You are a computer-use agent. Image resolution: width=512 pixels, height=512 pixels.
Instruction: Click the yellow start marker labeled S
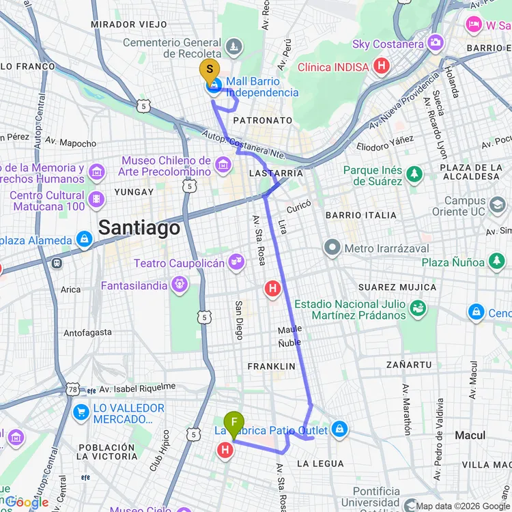pos(210,70)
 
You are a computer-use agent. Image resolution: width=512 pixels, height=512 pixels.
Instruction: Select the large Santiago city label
pos(139,227)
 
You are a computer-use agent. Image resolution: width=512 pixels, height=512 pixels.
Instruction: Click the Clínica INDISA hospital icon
pos(382,67)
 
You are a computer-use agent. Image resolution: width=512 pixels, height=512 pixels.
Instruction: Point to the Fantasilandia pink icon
pos(180,285)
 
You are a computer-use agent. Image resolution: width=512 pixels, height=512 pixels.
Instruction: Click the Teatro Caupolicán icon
pos(236,263)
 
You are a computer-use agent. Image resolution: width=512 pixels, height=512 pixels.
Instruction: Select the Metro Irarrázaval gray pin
pos(332,248)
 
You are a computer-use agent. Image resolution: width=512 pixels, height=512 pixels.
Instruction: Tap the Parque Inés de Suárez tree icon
pos(414,175)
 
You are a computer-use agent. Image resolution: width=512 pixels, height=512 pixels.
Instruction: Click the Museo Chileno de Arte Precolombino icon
pos(223,165)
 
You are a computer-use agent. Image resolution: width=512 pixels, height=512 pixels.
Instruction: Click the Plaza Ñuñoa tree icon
pos(496,262)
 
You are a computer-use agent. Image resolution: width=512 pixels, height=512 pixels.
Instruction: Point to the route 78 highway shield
pos(73,388)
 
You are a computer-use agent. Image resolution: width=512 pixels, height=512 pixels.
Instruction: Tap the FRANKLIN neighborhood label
pos(272,367)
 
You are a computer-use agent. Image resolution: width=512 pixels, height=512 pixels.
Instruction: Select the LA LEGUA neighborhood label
pos(320,464)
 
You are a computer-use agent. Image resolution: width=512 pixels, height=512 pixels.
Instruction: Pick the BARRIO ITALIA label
pos(361,215)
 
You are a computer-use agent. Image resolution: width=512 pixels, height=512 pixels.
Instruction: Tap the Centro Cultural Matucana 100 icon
pos(97,199)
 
